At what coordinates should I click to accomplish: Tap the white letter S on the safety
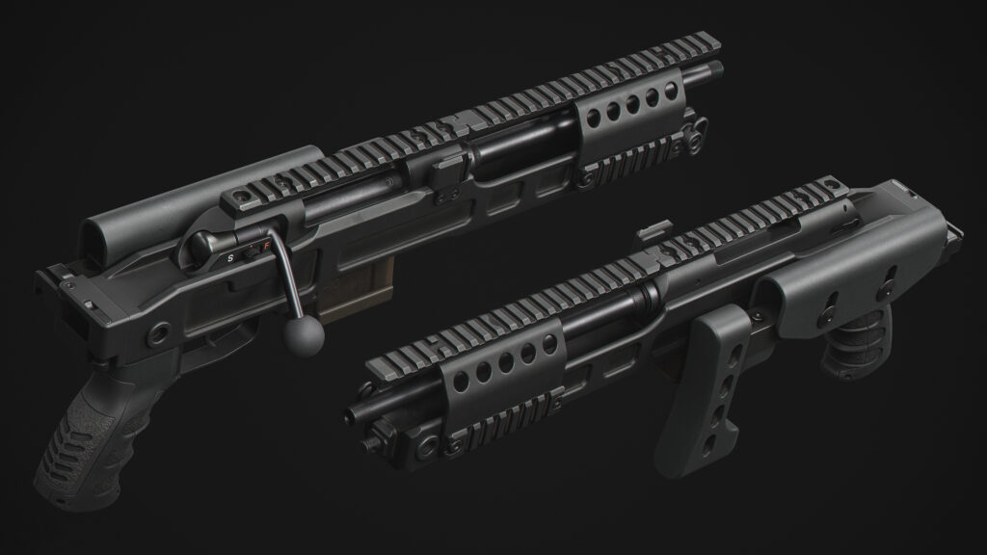(x=231, y=257)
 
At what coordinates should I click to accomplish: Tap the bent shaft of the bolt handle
(x=287, y=275)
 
